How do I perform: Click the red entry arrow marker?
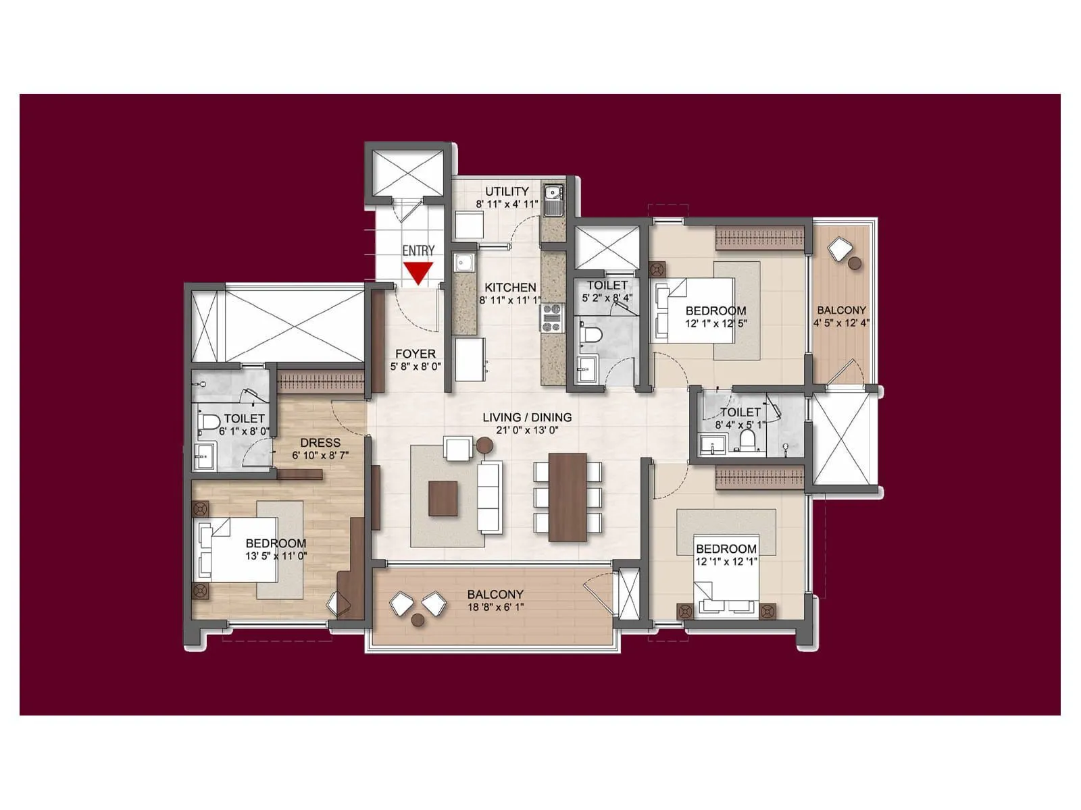pos(418,273)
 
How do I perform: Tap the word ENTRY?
pos(418,250)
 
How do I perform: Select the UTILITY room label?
pos(507,191)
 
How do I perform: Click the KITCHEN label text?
pos(510,287)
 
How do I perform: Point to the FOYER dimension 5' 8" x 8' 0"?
pos(416,367)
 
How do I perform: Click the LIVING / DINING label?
pos(527,417)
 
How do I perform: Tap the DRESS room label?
pos(320,443)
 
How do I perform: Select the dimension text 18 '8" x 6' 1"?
pos(495,607)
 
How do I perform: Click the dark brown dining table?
pos(568,497)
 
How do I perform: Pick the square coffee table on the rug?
pos(443,498)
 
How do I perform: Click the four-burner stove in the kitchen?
pos(552,317)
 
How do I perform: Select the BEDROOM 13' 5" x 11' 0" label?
pos(276,543)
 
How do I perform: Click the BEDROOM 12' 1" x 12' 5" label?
pos(715,311)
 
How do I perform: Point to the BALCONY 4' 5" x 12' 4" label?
pos(841,310)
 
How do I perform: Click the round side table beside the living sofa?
pos(484,445)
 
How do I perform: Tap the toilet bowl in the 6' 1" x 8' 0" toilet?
pos(209,423)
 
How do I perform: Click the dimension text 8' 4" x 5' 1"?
pos(740,425)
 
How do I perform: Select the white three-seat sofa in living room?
pos(490,497)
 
